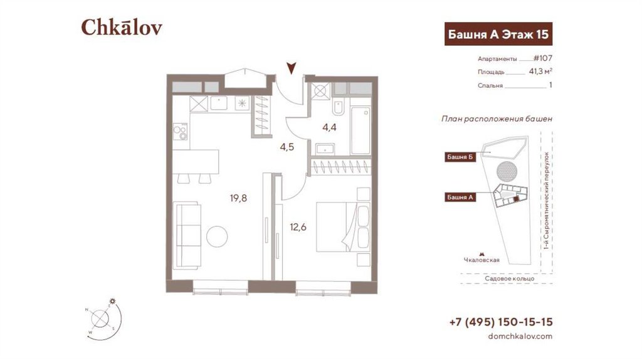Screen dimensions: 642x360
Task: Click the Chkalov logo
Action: [x=122, y=27]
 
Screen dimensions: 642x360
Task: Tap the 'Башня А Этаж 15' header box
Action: [x=498, y=34]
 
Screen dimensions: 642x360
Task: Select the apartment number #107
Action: [x=542, y=58]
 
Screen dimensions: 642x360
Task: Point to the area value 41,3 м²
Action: [x=540, y=71]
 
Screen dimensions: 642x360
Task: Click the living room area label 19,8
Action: [x=238, y=198]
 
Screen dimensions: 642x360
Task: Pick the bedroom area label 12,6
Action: [x=298, y=227]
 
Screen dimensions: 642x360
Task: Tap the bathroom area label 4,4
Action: [x=329, y=127]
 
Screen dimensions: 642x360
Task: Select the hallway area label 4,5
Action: [x=287, y=147]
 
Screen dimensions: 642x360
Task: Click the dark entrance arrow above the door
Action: [x=291, y=68]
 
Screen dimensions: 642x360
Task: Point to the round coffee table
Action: [x=217, y=236]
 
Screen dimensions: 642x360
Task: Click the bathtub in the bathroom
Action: [x=360, y=130]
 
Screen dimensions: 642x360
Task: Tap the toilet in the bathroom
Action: [x=339, y=107]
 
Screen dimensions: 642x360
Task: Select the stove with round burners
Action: [x=180, y=132]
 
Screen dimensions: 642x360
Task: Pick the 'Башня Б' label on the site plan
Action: [x=460, y=157]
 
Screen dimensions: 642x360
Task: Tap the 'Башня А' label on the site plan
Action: [x=460, y=198]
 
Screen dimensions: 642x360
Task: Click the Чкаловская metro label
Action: [x=481, y=260]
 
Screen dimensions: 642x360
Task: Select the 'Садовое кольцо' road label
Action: [x=509, y=278]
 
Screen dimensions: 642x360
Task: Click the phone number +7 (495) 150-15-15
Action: [x=501, y=322]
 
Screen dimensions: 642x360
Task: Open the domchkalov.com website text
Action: [x=520, y=336]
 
